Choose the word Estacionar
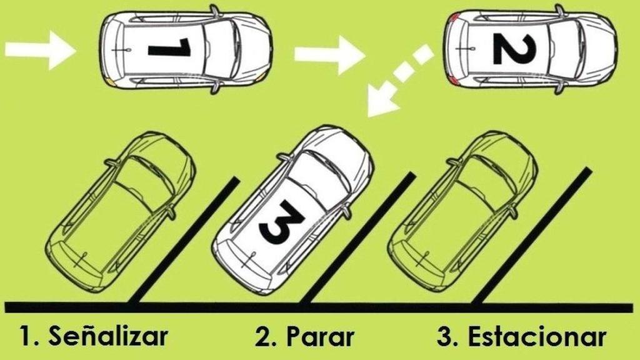point(536,337)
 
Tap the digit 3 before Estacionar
point(446,337)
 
